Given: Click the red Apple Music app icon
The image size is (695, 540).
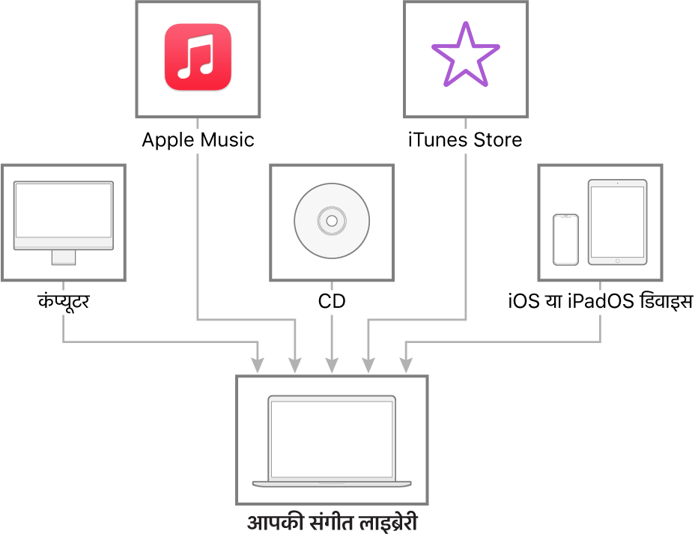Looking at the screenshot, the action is pos(198,57).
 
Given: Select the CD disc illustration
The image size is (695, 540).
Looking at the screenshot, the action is pos(332,221).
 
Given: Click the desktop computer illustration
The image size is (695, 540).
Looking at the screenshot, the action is pos(64,222).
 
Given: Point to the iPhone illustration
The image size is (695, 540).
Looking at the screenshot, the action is pos(565,240).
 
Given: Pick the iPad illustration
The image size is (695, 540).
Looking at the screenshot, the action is pos(617,222).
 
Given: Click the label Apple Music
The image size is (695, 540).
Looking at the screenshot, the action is pos(198,140).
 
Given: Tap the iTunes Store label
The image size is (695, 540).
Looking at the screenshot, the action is pos(465,139).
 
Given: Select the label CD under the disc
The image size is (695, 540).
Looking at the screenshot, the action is pos(332,302).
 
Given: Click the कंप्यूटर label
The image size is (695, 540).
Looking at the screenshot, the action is pos(64,302).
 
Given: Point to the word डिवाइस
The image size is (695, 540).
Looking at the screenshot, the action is pos(665,300).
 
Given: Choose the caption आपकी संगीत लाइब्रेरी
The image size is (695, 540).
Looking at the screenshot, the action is pos(332,522).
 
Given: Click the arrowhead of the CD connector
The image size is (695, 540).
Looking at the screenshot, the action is pos(332,365).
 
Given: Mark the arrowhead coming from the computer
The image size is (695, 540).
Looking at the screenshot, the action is pos(258,365).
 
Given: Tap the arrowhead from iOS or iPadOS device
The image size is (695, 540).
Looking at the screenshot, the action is pos(406,365).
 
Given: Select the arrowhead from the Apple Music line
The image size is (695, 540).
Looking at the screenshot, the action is pos(295,365).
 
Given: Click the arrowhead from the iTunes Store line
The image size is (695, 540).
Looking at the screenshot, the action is pos(368,365).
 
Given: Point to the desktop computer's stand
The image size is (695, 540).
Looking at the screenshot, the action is pos(64,258).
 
